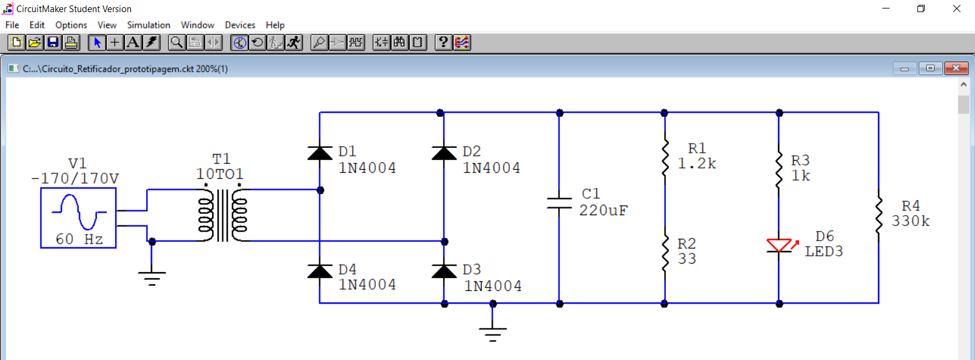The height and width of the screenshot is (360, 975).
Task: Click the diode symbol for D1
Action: (x=320, y=153)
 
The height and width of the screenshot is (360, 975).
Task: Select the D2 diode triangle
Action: (x=444, y=153)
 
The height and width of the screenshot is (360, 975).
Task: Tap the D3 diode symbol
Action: (x=444, y=271)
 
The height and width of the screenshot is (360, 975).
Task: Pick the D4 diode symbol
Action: (x=320, y=271)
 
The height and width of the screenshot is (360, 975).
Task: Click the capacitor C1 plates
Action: (x=559, y=203)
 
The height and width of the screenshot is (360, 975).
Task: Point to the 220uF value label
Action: (x=603, y=210)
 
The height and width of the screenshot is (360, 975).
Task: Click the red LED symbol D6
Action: (x=779, y=245)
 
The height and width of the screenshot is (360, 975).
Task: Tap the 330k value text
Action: (x=910, y=221)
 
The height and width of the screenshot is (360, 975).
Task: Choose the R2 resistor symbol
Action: (x=665, y=252)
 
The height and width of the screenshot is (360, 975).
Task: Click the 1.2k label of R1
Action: (x=696, y=164)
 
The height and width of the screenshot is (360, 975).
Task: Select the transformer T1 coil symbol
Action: (x=222, y=215)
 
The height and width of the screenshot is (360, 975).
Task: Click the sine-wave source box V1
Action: (x=78, y=218)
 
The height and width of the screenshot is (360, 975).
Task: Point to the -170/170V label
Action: (x=75, y=179)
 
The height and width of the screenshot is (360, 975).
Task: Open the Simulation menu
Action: (x=148, y=25)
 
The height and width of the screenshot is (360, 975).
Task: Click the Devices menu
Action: (x=240, y=25)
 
